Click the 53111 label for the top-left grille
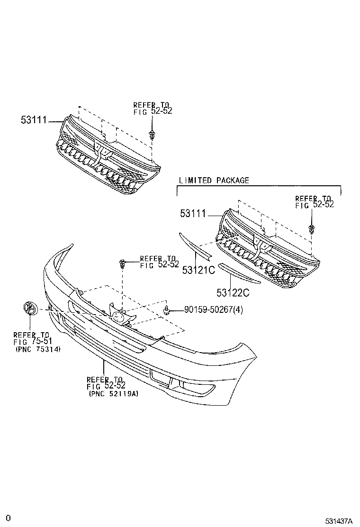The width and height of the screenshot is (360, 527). (33, 120)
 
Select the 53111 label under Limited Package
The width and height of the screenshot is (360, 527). (193, 214)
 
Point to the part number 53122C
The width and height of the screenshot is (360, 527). (233, 292)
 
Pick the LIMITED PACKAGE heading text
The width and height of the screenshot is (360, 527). (214, 180)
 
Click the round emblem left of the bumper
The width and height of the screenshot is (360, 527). (29, 309)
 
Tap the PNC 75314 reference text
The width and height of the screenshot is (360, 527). (36, 349)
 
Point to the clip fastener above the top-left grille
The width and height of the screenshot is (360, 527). (152, 135)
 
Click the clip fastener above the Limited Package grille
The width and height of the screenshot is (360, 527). (311, 229)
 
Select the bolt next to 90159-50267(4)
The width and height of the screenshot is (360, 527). (167, 311)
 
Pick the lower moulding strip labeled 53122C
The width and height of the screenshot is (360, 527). (239, 273)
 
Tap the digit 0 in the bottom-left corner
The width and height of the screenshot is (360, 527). (8, 518)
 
